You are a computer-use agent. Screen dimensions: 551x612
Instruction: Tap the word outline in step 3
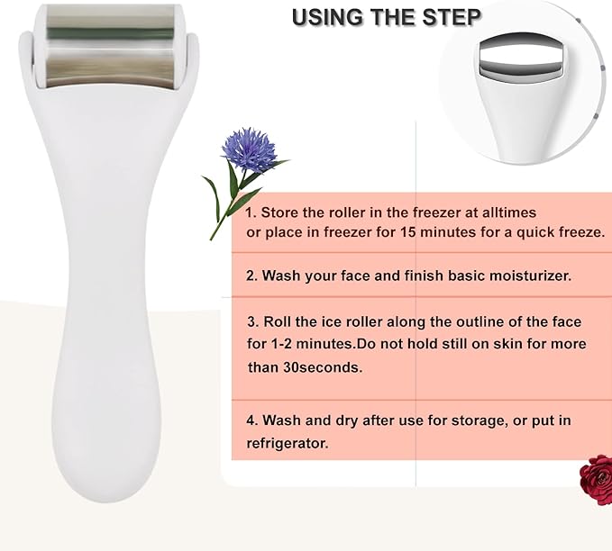[472, 322]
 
